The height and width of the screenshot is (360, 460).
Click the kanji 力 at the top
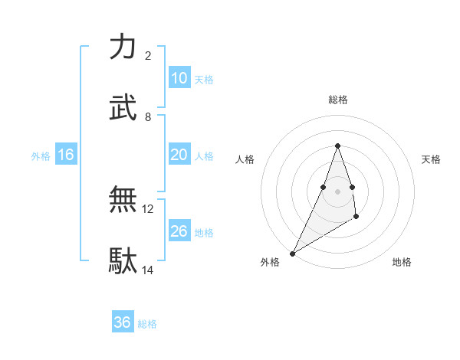(x=123, y=47)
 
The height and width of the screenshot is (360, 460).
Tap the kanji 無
(x=123, y=199)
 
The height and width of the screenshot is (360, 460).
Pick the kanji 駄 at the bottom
(x=123, y=260)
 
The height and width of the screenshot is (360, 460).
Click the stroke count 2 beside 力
(x=148, y=56)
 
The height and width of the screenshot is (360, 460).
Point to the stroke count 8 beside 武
(x=148, y=116)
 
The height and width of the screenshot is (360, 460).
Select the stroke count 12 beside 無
(x=148, y=208)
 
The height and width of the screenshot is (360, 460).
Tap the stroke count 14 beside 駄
(x=148, y=270)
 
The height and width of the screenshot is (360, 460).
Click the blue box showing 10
(x=179, y=78)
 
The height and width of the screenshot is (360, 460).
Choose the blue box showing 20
(x=179, y=155)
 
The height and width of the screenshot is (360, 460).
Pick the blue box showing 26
(x=179, y=231)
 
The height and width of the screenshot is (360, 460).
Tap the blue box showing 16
(x=65, y=155)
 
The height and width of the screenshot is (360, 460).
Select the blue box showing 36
(x=122, y=322)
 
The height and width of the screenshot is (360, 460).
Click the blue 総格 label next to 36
(x=147, y=324)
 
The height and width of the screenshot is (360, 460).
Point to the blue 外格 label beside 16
(x=41, y=156)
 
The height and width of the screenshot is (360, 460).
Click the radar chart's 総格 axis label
(x=337, y=100)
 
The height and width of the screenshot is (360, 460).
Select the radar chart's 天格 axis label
(x=431, y=159)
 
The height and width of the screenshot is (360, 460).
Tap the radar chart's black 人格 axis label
(x=245, y=159)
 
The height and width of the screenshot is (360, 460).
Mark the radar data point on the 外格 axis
(x=292, y=254)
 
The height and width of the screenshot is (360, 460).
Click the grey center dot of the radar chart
(x=337, y=191)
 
